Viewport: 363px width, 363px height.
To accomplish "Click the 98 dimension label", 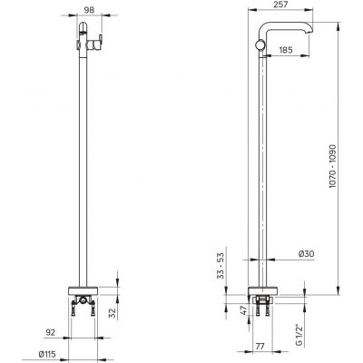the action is tap(89, 10).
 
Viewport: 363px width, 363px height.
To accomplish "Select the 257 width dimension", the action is tap(280, 5).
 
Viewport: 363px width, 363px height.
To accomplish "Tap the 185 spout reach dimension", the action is tap(286, 50).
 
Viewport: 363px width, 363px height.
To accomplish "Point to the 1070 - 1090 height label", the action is tap(333, 166).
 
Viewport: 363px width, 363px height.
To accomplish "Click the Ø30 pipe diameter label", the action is tap(306, 253).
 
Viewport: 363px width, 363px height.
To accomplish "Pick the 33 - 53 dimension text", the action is tap(221, 266).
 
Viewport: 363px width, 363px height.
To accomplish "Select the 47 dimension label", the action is tap(244, 310).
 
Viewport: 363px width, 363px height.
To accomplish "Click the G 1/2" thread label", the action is tap(299, 335).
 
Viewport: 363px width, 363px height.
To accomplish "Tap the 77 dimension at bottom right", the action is tap(260, 347).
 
